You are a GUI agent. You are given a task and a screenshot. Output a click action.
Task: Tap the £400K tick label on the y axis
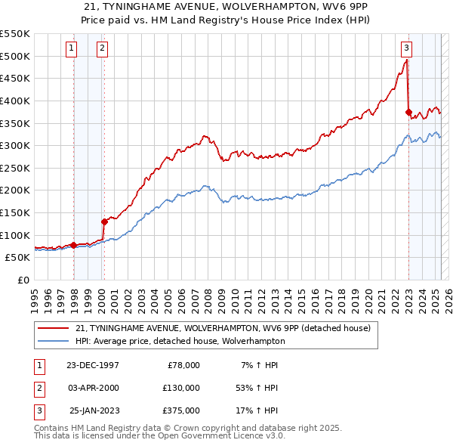[x=15, y=101]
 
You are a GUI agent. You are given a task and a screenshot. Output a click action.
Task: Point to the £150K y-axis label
[x=15, y=212]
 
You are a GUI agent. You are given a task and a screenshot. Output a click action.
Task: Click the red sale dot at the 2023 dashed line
[x=408, y=112]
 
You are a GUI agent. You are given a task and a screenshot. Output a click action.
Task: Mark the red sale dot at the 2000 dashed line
[x=104, y=221]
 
